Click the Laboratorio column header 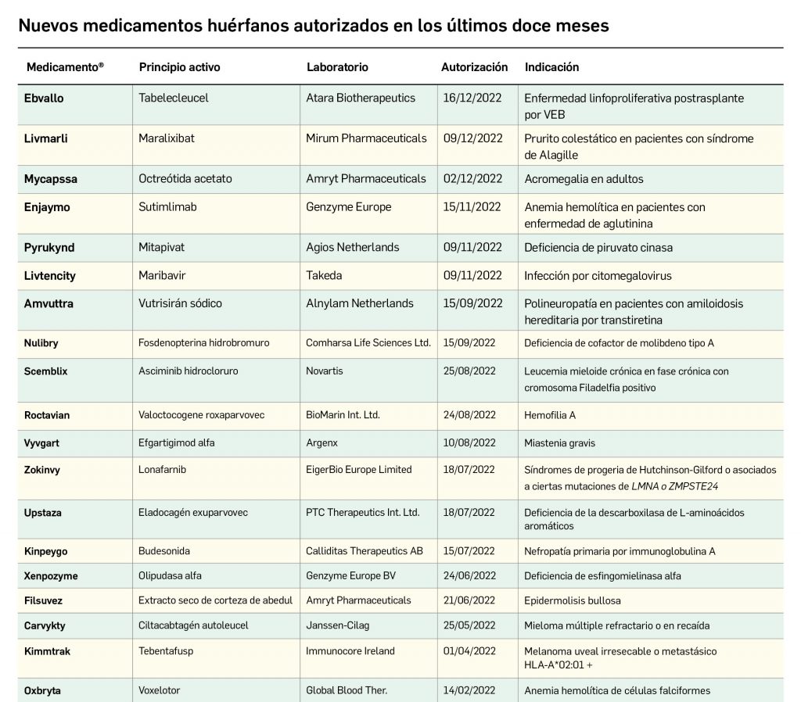coord(337,67)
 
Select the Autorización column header coord(474,67)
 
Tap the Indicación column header coord(551,67)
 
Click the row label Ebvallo coord(44,98)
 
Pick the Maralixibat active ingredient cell coord(167,138)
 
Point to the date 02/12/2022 coord(472,179)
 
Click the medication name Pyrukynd coord(49,248)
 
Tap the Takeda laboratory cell coord(324,275)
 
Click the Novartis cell coord(325,371)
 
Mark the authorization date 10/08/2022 coord(469,443)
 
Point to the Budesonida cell coord(164,551)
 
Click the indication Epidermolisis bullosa coord(573,601)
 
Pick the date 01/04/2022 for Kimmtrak coord(469,651)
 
